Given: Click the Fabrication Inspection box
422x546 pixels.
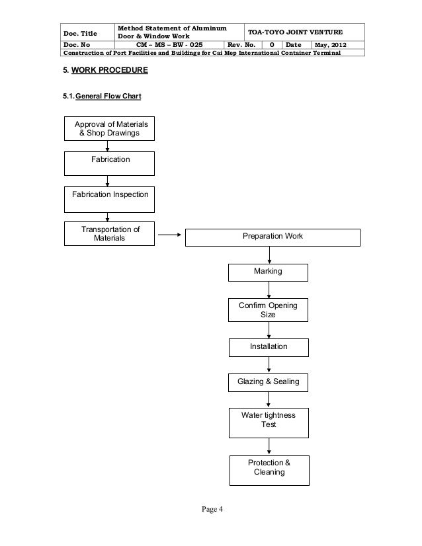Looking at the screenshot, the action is click(109, 200).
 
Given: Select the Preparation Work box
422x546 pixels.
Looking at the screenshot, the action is click(273, 237).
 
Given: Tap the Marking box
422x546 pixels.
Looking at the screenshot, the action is click(268, 272).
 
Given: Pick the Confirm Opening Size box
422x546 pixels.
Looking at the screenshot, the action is click(268, 310).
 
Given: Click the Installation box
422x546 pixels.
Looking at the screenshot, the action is click(269, 348).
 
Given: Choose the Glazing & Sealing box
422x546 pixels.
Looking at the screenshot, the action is click(268, 383).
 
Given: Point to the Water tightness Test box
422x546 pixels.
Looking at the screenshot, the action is click(269, 423).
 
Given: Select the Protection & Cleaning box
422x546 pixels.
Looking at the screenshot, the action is click(269, 471).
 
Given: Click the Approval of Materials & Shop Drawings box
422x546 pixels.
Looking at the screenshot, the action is click(109, 128).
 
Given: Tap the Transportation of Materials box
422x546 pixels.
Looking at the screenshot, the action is click(109, 233).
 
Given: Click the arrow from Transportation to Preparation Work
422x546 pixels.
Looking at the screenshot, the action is click(170, 235).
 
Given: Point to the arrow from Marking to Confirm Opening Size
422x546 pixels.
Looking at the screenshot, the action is click(269, 290).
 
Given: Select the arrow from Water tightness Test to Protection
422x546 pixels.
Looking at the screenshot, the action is click(269, 446).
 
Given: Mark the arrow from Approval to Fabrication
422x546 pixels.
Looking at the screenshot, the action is click(107, 146).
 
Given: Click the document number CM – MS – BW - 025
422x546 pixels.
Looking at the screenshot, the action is click(169, 45).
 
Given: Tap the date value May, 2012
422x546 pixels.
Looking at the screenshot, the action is click(330, 45).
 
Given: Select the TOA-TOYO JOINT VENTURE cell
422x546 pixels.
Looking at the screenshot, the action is click(304, 32).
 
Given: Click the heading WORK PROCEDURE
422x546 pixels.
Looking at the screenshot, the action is click(109, 70).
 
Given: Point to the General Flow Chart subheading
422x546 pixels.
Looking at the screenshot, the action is click(108, 96).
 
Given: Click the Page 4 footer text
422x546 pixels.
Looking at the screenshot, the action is click(212, 509).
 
